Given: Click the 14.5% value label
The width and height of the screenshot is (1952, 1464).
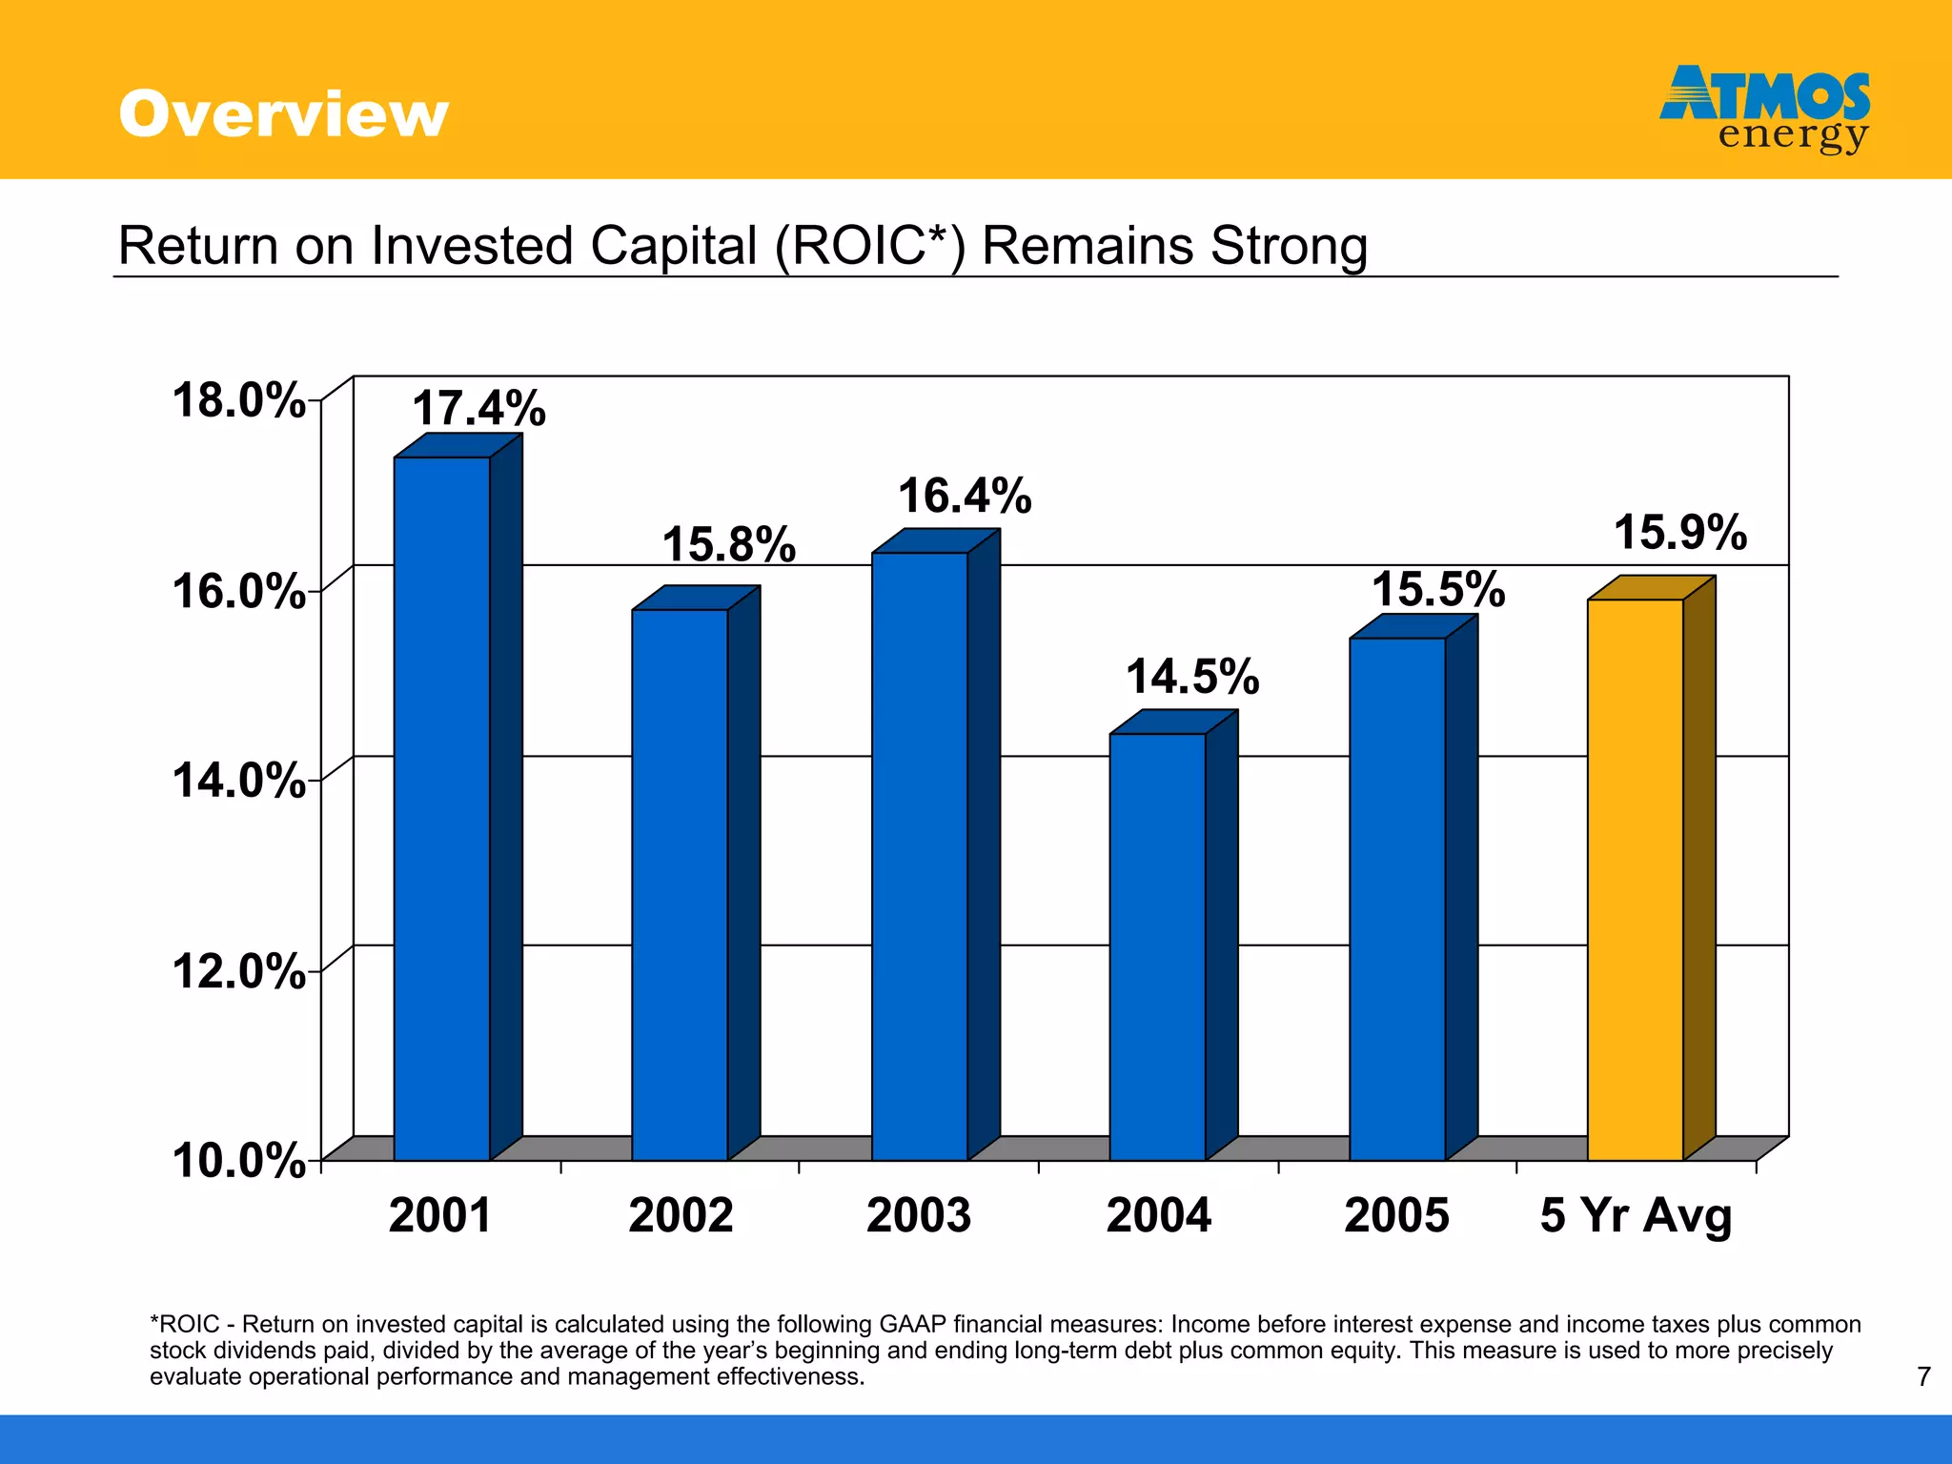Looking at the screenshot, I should click(1192, 677).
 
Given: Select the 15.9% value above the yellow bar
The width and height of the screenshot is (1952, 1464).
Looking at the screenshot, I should click(1680, 532).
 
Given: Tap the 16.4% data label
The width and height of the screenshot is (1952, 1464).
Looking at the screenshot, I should click(965, 496).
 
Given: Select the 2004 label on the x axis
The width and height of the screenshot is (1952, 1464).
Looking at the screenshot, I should click(1158, 1215).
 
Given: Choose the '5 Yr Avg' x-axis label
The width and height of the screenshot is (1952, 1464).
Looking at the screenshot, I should click(1636, 1215).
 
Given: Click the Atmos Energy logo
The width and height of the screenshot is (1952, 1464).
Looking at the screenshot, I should click(1765, 109).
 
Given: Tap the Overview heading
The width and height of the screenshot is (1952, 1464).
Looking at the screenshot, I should click(283, 114).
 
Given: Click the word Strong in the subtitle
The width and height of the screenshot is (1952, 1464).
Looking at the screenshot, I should click(1289, 246).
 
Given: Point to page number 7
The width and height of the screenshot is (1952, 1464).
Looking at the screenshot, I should click(1923, 1376).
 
